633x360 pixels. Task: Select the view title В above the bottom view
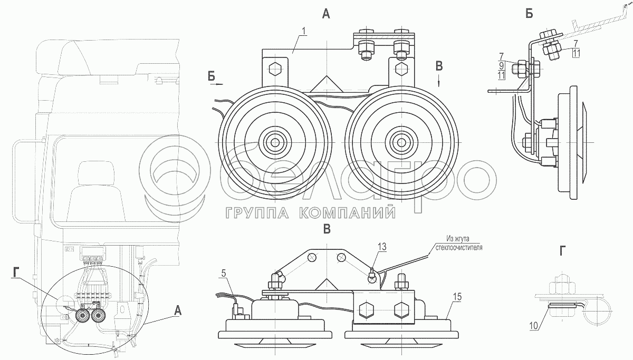tap(327, 229)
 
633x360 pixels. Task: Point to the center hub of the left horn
tap(274, 142)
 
